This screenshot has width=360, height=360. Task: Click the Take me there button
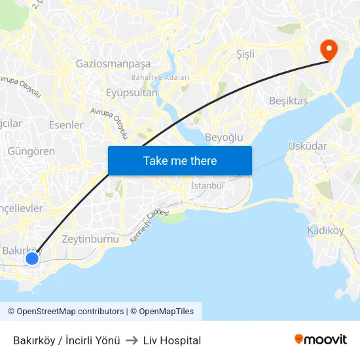180,160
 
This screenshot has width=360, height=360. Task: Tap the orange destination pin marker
327,48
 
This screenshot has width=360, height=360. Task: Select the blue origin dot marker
32,259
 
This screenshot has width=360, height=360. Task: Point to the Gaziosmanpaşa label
113,64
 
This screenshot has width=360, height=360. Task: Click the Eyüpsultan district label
132,93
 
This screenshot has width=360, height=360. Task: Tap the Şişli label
245,54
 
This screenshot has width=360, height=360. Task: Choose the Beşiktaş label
288,101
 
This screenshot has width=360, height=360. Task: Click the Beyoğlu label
224,137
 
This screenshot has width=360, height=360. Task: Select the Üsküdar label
307,145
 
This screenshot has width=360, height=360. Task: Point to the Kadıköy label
325,230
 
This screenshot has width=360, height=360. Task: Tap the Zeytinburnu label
90,239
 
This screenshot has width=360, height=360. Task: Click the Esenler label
66,125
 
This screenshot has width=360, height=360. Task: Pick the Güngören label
31,151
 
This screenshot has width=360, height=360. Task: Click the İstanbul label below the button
207,187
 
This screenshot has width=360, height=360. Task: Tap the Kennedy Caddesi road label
149,227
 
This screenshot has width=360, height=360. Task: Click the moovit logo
321,340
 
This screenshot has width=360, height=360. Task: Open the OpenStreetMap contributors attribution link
65,312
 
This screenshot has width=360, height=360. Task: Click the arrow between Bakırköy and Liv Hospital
131,340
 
